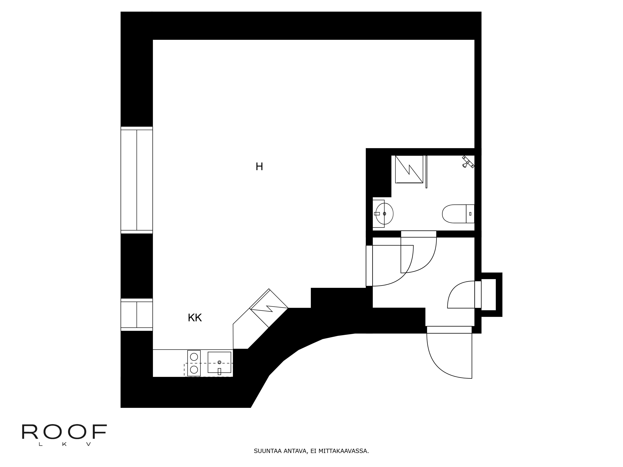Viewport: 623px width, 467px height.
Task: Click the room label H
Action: click(x=259, y=167)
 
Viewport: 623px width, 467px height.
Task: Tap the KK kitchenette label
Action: click(x=195, y=318)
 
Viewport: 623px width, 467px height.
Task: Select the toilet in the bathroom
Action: click(x=456, y=214)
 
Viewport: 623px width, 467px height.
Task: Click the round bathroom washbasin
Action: click(x=384, y=214)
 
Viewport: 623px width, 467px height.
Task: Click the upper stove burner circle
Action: click(x=194, y=357)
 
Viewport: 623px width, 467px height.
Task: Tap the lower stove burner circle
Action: click(x=194, y=369)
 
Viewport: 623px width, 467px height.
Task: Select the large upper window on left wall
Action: click(x=137, y=180)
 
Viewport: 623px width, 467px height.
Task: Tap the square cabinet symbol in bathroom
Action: click(x=409, y=169)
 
